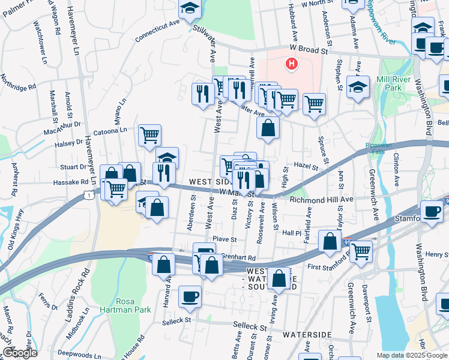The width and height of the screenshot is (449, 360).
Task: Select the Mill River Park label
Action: (x=396, y=84)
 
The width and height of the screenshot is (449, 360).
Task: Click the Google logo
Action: (x=20, y=353)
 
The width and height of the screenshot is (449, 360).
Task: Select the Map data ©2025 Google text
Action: (x=412, y=355)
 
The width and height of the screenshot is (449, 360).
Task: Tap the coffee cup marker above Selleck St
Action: (x=190, y=296)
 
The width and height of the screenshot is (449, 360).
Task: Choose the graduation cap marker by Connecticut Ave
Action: (x=190, y=8)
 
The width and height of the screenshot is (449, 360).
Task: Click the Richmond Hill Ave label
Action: (x=321, y=199)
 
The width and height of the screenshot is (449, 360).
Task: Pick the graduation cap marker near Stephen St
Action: (x=358, y=88)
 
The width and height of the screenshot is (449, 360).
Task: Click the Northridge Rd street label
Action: (x=19, y=82)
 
